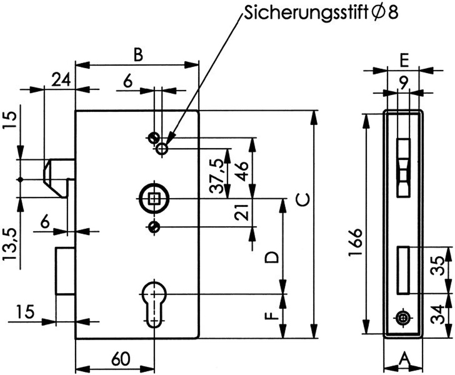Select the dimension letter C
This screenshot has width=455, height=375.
pos(303,199)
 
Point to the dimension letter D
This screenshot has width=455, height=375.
pos(272,257)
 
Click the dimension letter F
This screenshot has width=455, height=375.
pos(272,316)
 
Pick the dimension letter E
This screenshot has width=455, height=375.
pos(404,61)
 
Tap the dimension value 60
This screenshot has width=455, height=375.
pos(121,360)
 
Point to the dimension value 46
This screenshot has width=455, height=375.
pos(242,171)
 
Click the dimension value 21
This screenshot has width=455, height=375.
pos(242,212)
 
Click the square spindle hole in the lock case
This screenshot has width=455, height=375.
pos(154,199)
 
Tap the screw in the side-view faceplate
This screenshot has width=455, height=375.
pos(403,318)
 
